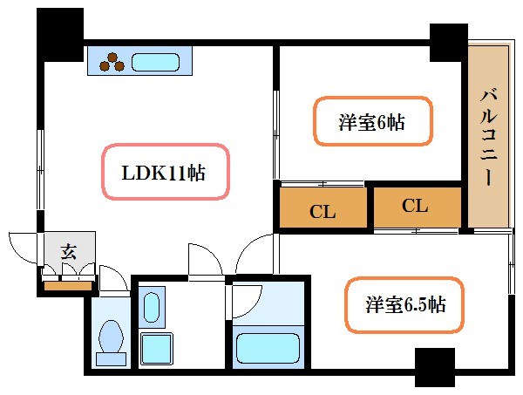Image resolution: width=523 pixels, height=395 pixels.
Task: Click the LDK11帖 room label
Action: (x=163, y=173)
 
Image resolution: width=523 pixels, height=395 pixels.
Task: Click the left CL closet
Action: (x=322, y=209)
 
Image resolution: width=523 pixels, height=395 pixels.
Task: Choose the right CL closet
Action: (x=416, y=207)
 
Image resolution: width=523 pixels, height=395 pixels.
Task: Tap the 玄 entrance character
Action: (x=68, y=252)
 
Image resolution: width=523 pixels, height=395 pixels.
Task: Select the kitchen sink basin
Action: (x=156, y=63)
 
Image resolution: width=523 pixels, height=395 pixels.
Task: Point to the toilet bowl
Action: (x=112, y=334)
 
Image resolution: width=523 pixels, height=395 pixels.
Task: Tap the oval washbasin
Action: (x=152, y=309)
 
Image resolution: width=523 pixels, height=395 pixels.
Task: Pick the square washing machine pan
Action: (x=158, y=351)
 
